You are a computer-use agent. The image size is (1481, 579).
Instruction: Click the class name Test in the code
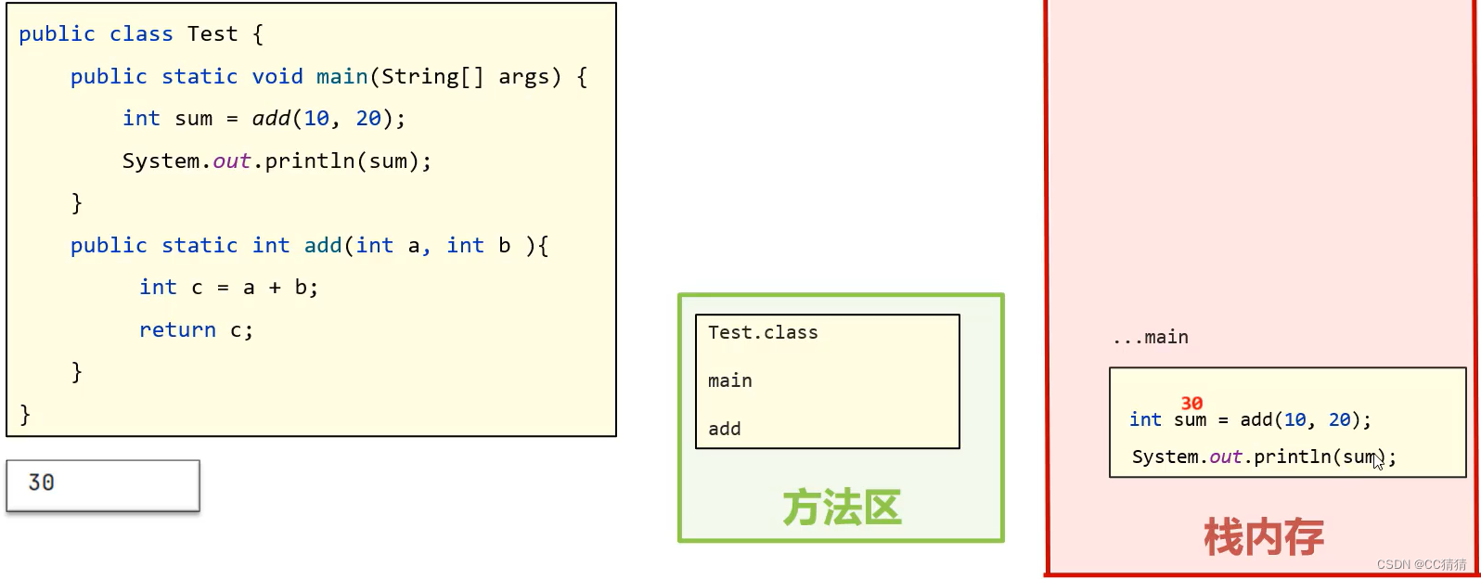pyautogui.click(x=212, y=34)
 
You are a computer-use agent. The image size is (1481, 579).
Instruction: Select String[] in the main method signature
pyautogui.click(x=432, y=76)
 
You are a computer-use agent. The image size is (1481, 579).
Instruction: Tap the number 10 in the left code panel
pyautogui.click(x=316, y=119)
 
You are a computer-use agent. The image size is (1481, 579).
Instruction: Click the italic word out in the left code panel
pyautogui.click(x=232, y=161)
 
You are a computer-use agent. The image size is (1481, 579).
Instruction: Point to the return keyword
pyautogui.click(x=177, y=330)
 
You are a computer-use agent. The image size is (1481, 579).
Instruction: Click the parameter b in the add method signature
pyautogui.click(x=505, y=246)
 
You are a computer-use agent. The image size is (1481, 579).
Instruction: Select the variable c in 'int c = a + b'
pyautogui.click(x=197, y=288)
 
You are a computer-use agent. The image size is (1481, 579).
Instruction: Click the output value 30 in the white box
pyautogui.click(x=41, y=482)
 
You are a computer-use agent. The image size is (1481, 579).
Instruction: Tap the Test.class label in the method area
pyautogui.click(x=763, y=332)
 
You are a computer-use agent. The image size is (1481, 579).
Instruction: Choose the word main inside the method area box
pyautogui.click(x=730, y=380)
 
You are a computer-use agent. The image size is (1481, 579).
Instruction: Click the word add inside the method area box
pyautogui.click(x=725, y=429)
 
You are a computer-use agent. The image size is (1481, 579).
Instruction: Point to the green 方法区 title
pyautogui.click(x=842, y=508)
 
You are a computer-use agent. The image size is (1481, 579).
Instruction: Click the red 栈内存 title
pyautogui.click(x=1264, y=537)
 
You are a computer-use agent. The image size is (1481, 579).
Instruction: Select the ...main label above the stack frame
pyautogui.click(x=1152, y=338)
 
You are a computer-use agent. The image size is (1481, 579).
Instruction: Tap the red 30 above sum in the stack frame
pyautogui.click(x=1191, y=404)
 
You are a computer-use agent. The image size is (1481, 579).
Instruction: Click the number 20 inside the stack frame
pyautogui.click(x=1339, y=420)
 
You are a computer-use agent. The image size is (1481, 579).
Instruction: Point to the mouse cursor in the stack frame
pyautogui.click(x=1378, y=460)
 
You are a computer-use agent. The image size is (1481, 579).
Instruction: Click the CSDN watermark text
pyautogui.click(x=1422, y=564)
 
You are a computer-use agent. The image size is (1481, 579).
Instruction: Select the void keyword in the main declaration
pyautogui.click(x=277, y=76)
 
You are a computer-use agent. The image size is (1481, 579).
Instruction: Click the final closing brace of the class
pyautogui.click(x=25, y=414)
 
